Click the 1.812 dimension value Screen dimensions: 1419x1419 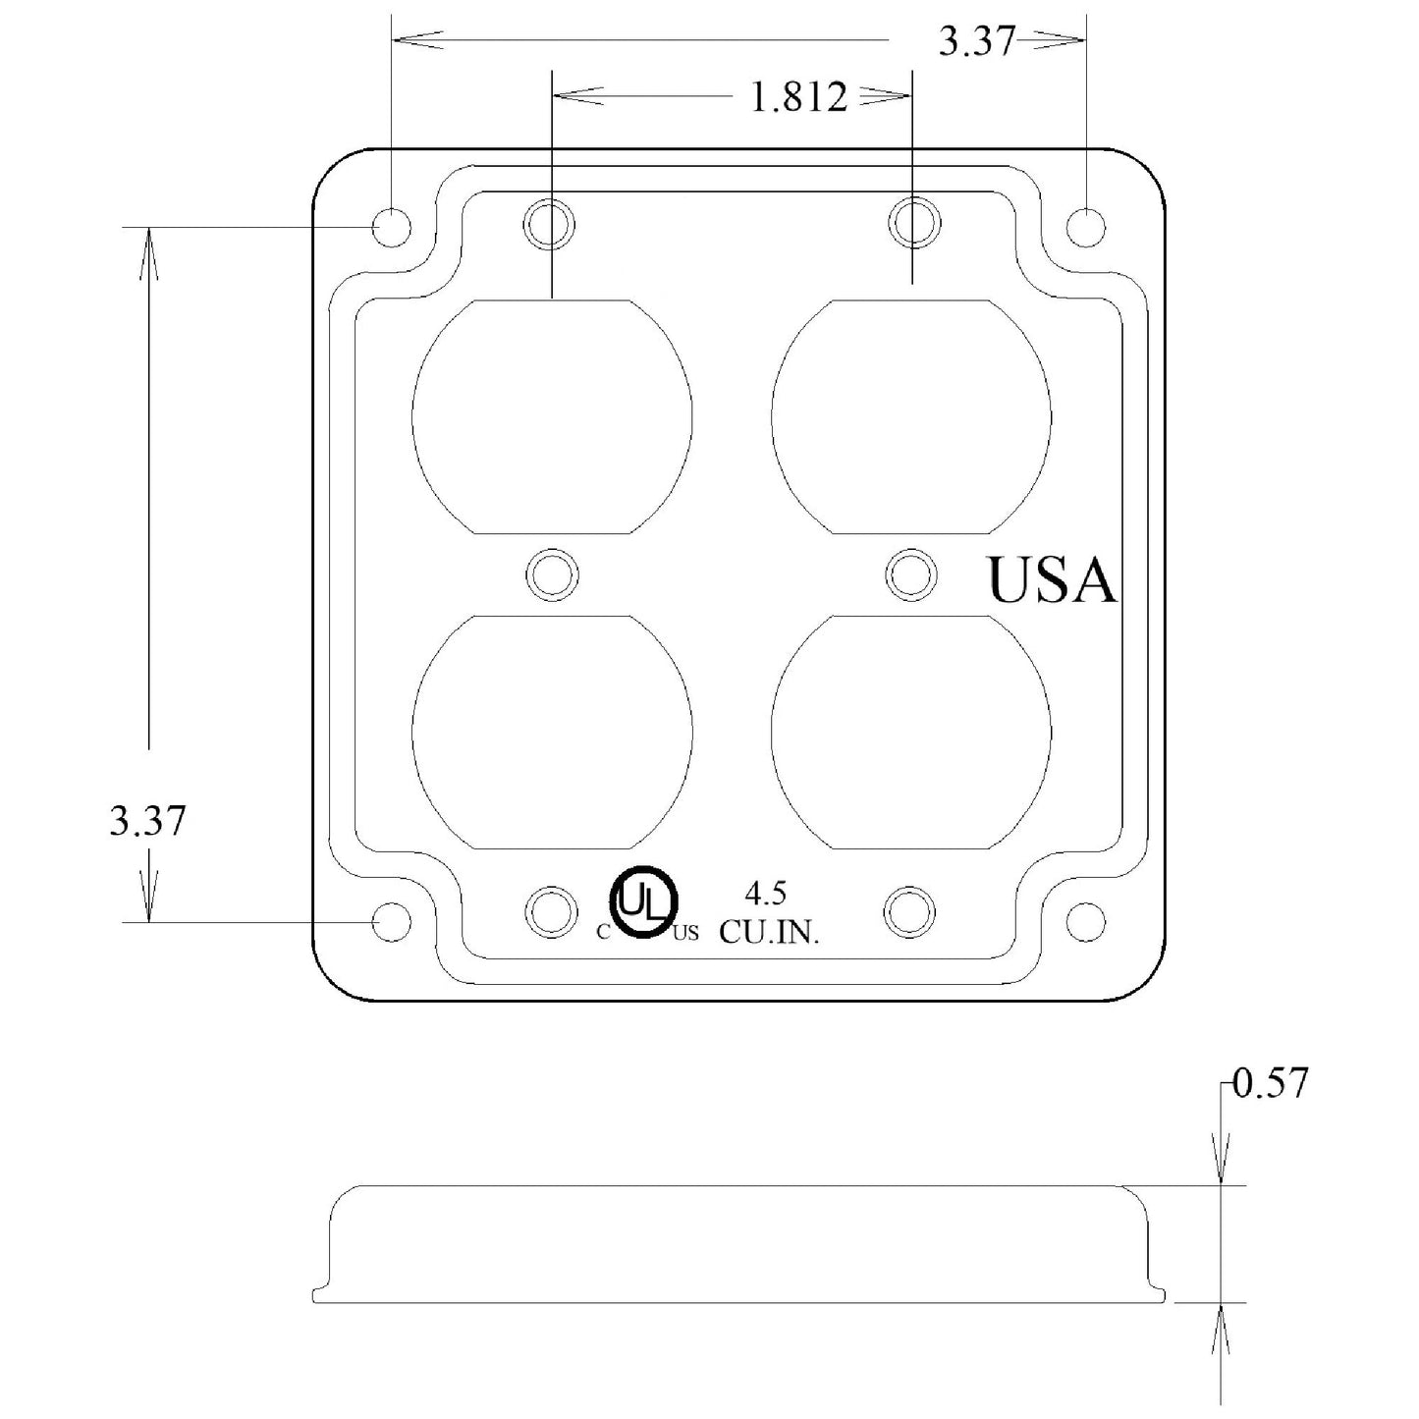point(798,97)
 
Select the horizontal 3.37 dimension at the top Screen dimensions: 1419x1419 point(976,41)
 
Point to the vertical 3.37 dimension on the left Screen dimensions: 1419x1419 point(147,820)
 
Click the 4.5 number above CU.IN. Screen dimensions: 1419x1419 point(766,894)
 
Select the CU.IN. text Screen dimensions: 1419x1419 point(770,933)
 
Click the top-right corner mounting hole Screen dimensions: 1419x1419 point(1085,227)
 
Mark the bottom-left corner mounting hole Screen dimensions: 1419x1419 point(391,922)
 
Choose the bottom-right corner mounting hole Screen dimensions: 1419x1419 point(1085,922)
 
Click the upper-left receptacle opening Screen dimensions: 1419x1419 point(552,416)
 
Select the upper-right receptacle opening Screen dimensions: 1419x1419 point(911,416)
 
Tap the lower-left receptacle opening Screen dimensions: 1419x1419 point(552,733)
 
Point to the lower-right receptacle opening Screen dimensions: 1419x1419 point(911,733)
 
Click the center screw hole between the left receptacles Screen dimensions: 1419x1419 point(552,574)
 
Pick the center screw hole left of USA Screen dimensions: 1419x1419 point(911,574)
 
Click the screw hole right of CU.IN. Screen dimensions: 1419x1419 point(909,912)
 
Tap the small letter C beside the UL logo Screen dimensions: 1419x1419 point(604,933)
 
